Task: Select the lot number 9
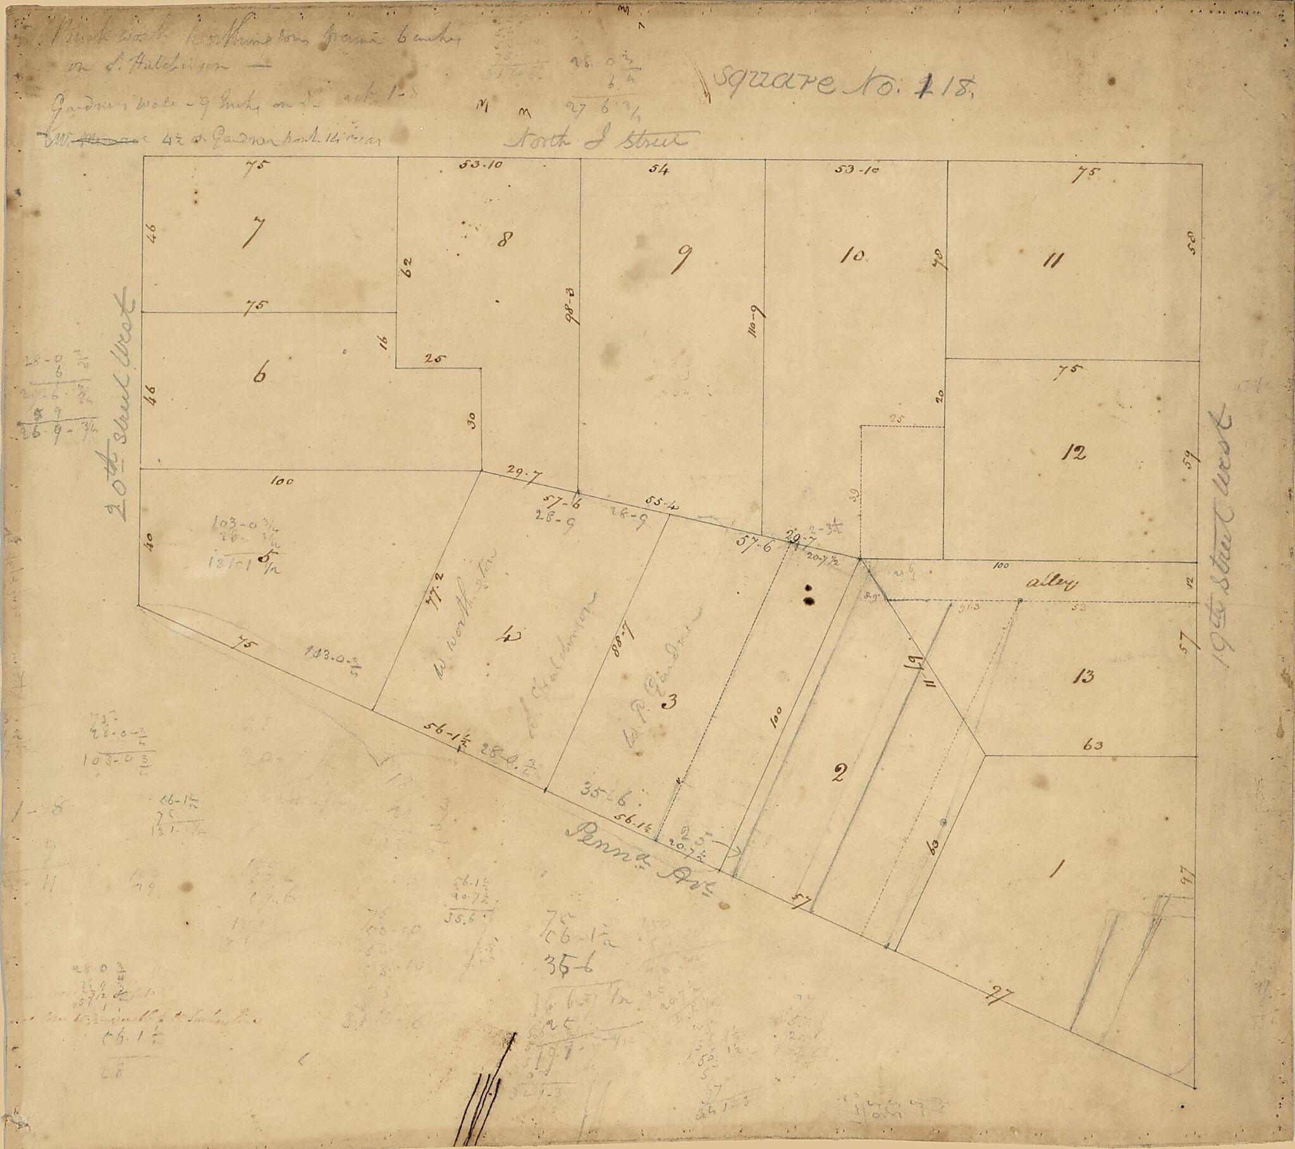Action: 684,259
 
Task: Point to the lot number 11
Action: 1052,260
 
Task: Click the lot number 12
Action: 1075,453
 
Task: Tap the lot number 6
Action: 259,374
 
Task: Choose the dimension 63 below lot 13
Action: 1093,745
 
